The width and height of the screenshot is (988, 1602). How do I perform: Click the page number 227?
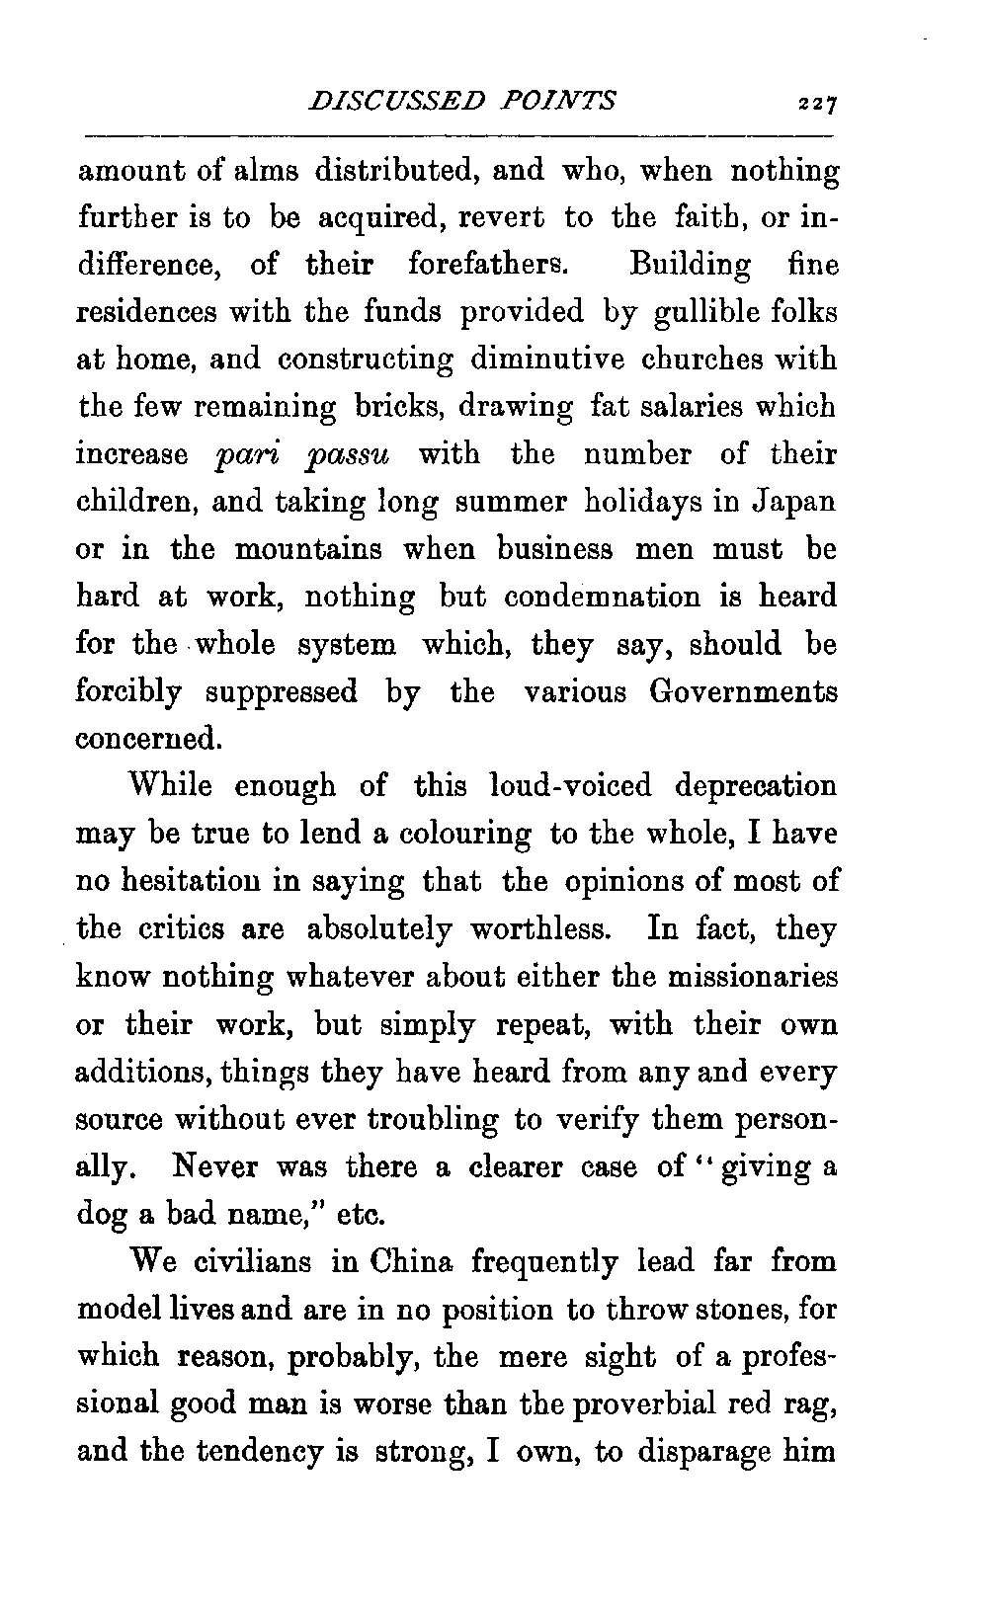[x=819, y=103]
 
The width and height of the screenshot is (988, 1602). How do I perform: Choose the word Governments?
[x=744, y=691]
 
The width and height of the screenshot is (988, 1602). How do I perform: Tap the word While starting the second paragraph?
[x=170, y=786]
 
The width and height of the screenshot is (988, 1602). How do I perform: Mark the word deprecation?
[x=756, y=786]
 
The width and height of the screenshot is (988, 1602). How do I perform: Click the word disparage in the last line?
[x=709, y=1453]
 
